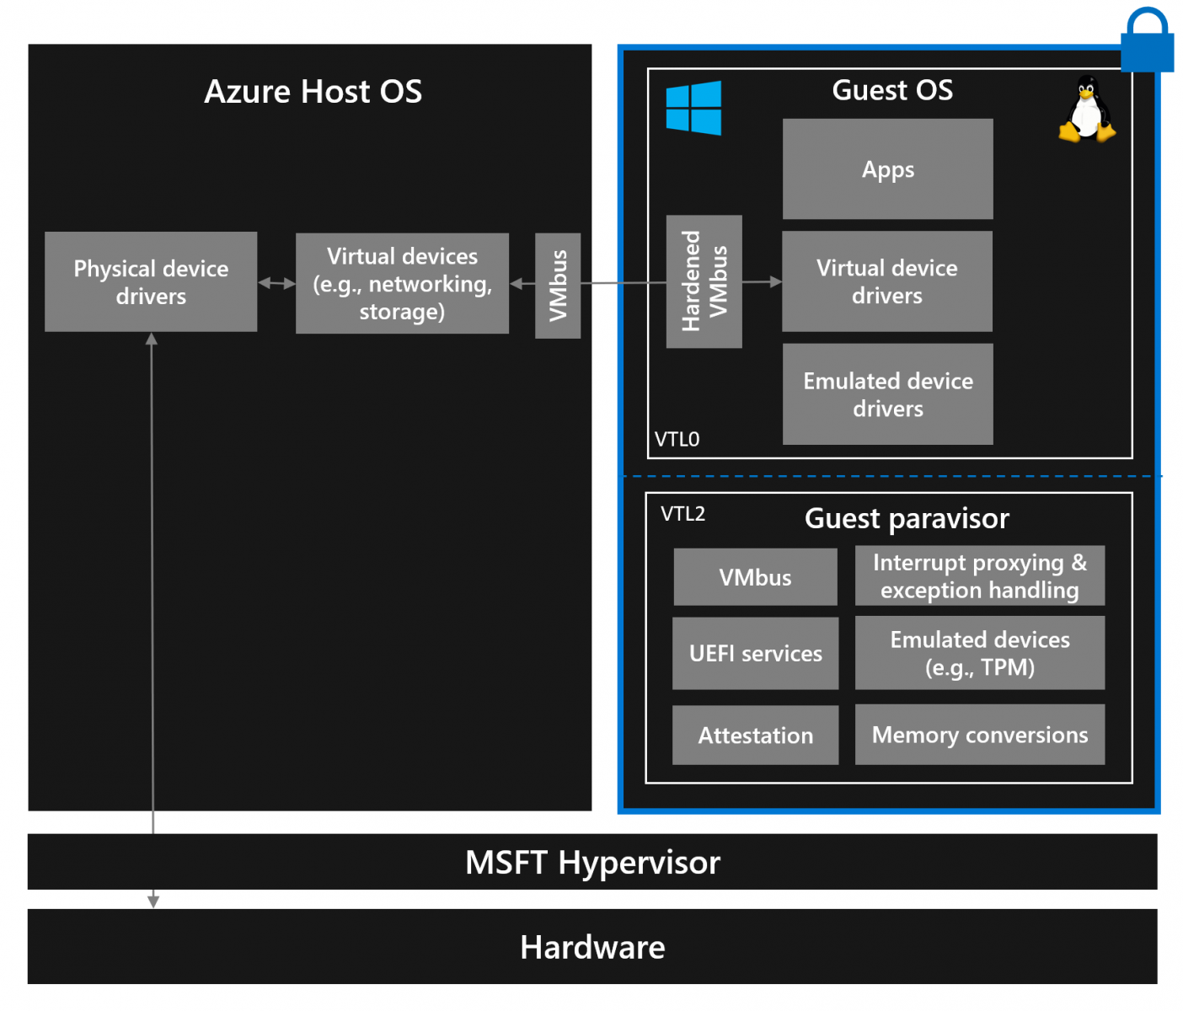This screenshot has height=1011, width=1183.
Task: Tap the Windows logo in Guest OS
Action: click(693, 108)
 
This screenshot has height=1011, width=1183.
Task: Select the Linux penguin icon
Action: click(1087, 110)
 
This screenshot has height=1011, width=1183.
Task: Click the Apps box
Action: click(887, 169)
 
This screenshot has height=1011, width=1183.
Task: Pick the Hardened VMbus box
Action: click(704, 281)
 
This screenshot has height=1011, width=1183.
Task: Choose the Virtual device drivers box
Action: click(886, 281)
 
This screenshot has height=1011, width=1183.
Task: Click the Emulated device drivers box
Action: click(887, 394)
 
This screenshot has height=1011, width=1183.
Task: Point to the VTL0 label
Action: click(677, 439)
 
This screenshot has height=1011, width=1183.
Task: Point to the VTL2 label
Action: click(682, 514)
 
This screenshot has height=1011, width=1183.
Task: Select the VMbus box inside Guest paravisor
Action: click(755, 577)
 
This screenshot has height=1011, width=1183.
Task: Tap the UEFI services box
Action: click(755, 654)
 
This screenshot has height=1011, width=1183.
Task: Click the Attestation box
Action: click(755, 736)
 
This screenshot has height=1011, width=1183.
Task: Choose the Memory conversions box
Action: click(979, 735)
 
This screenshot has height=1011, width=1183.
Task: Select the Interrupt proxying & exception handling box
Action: click(979, 576)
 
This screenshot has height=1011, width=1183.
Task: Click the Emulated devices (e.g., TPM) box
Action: click(979, 653)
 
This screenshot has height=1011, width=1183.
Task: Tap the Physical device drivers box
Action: click(151, 282)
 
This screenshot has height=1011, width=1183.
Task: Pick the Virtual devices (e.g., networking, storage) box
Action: click(402, 284)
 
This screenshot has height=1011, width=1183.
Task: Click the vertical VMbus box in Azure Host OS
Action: click(558, 286)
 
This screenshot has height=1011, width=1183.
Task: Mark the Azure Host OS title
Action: click(313, 91)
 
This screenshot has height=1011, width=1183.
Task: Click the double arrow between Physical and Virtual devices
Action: click(276, 283)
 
